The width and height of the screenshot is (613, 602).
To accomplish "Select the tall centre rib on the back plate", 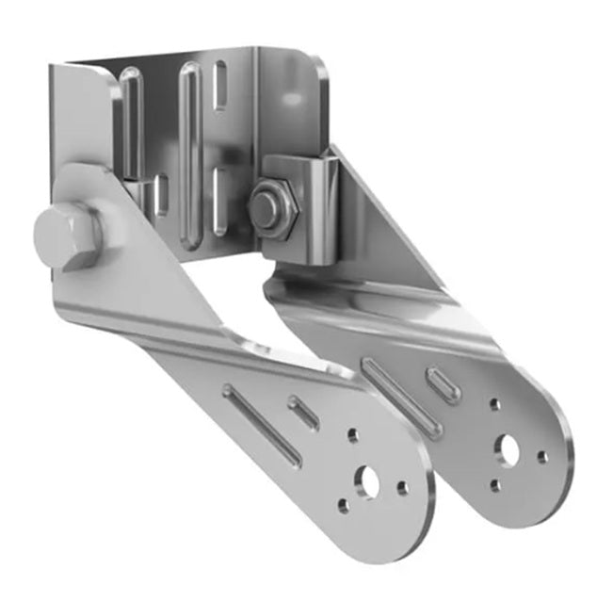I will click(190, 151).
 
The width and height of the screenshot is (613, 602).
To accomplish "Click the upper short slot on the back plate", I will click(219, 86).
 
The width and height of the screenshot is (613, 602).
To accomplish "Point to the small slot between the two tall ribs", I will click(161, 195).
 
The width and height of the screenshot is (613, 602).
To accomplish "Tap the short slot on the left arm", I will click(303, 413).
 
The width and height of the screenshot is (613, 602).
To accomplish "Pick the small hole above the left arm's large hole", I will click(352, 436).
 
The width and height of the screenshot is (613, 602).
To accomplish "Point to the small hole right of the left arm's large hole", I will click(402, 488).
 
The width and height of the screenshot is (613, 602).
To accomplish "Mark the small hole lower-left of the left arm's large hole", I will click(342, 505).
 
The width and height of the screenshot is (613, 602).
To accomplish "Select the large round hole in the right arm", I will click(509, 450).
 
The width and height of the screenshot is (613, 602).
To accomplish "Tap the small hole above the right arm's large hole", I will click(494, 406).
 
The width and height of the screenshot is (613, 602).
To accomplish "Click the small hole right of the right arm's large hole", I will click(542, 457).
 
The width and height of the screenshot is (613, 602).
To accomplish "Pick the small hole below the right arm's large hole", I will click(495, 486).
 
